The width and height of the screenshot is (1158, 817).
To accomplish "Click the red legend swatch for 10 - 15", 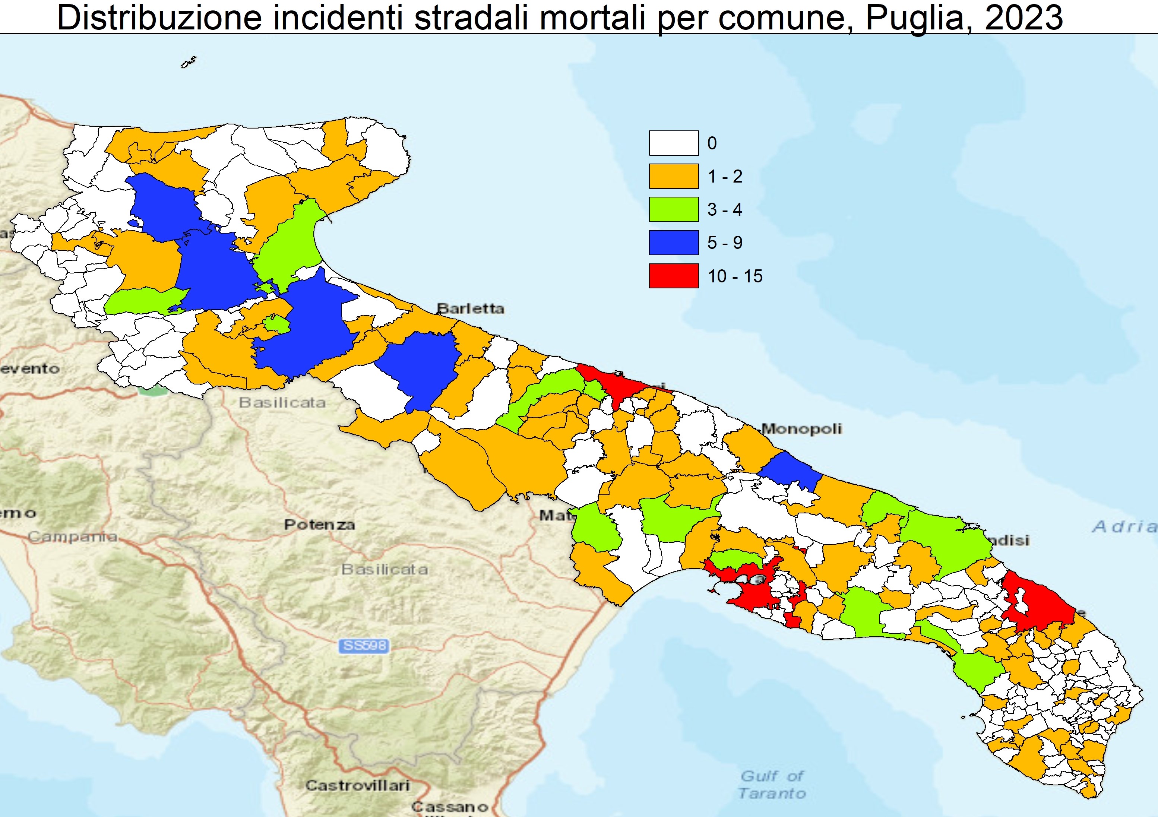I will (x=673, y=276).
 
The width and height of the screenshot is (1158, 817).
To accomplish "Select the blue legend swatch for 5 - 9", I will (x=673, y=243).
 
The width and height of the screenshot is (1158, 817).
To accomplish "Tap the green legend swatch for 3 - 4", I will (x=673, y=209).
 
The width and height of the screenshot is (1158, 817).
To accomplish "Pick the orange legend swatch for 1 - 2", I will (x=673, y=176).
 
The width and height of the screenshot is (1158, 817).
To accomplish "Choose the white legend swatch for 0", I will (x=673, y=143).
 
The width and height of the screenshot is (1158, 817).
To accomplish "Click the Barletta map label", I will (x=470, y=308).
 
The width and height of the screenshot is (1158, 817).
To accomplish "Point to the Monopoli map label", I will (x=801, y=429).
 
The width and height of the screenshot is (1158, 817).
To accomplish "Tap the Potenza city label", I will (x=319, y=525).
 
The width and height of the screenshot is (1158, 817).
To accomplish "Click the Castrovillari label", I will (x=357, y=786).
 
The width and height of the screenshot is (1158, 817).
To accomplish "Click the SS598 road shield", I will (x=364, y=646).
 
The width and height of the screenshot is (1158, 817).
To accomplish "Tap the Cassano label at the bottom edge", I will (x=449, y=807).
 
